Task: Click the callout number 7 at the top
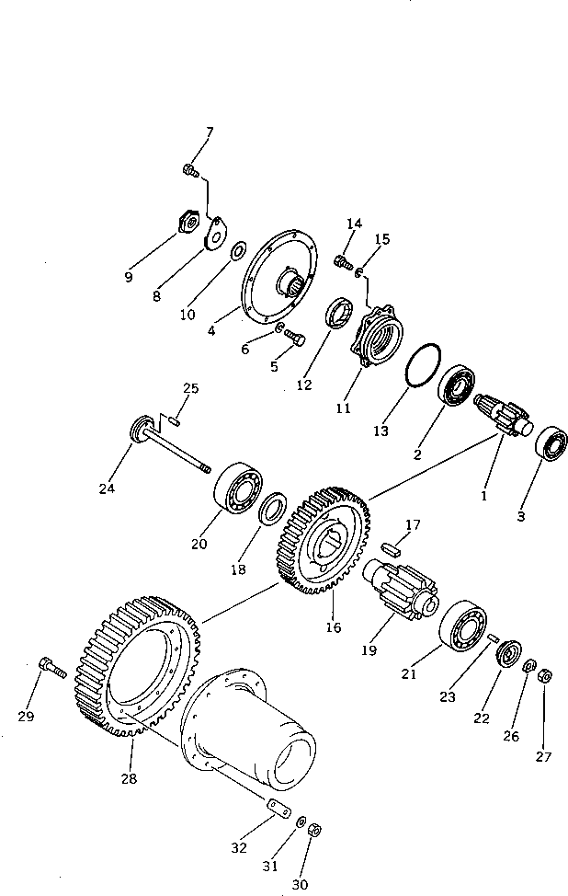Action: pos(209,133)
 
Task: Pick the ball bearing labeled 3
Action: pos(551,445)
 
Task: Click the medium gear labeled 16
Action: pos(323,542)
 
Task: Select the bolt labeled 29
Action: pos(52,670)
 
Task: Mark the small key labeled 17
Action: pos(392,546)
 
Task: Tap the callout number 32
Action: pos(239,847)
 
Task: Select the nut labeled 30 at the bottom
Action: pos(314,829)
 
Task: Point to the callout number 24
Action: pos(107,488)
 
